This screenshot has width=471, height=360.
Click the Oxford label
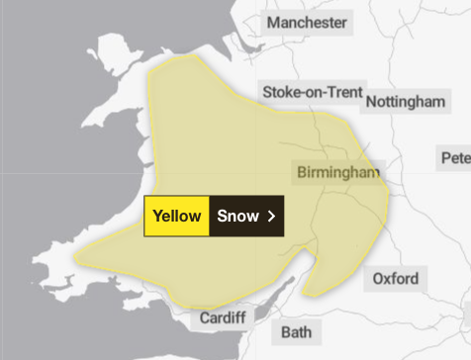(x=395, y=278)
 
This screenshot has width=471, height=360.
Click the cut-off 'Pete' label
(x=456, y=157)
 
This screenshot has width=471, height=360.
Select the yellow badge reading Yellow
(x=177, y=217)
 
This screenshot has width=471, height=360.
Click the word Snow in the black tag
(x=237, y=217)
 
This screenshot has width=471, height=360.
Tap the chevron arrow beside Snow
(x=271, y=217)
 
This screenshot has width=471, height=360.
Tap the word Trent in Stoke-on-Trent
(x=334, y=92)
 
